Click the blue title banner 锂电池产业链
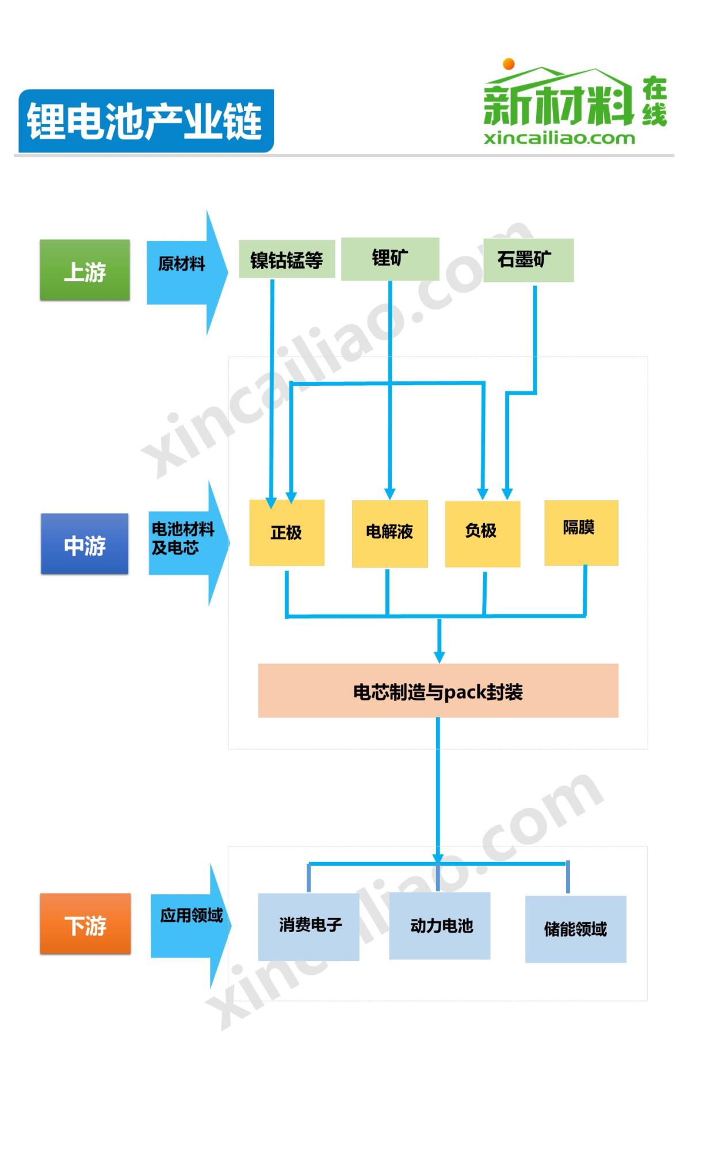(x=146, y=121)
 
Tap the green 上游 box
(x=85, y=270)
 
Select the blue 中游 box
(x=85, y=544)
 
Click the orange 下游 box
(x=85, y=924)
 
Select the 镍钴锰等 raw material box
(x=286, y=259)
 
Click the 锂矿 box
(x=390, y=259)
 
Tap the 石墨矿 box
(x=528, y=260)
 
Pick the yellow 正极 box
(x=286, y=532)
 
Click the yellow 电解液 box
(x=389, y=533)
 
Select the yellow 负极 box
(x=482, y=533)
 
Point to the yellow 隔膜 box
(x=581, y=532)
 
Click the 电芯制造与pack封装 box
(x=438, y=691)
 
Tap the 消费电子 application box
(x=308, y=926)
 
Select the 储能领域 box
(x=575, y=929)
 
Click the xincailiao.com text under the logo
(x=559, y=139)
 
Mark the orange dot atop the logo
(x=509, y=63)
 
